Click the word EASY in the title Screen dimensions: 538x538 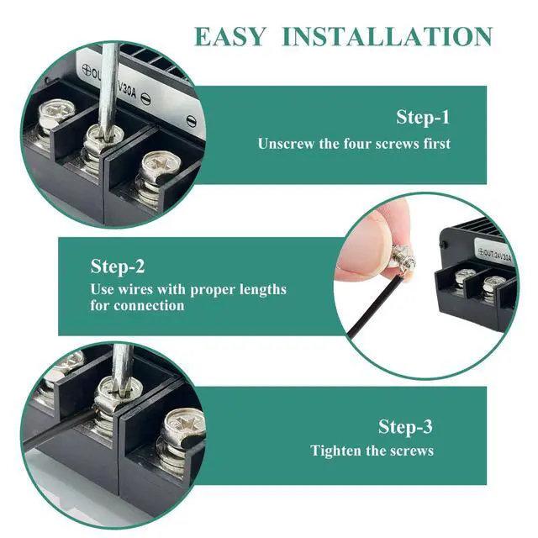click(230, 37)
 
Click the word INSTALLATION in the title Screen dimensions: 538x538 click(388, 37)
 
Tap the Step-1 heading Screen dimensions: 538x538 click(423, 118)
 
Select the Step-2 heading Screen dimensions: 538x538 click(118, 266)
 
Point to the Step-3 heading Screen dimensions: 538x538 click(405, 427)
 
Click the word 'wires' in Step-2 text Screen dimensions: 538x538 click(134, 289)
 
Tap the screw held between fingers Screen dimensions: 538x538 click(405, 262)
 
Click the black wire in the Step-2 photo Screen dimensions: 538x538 click(375, 306)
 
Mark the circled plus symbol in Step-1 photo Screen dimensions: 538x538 click(86, 70)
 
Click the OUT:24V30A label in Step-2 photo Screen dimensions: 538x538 click(494, 254)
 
